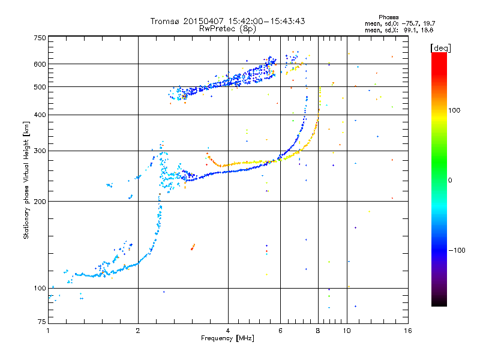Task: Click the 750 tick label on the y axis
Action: (40, 38)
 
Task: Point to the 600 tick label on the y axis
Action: (40, 64)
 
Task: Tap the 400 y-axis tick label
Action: (40, 115)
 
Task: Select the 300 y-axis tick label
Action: (40, 151)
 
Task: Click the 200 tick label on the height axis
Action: (40, 201)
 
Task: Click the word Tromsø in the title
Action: (166, 21)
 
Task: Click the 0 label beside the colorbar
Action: (451, 180)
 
